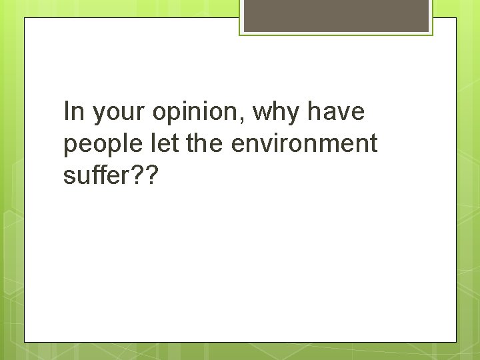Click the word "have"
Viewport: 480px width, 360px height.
pyautogui.click(x=337, y=112)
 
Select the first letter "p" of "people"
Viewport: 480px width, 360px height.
pyautogui.click(x=70, y=147)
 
